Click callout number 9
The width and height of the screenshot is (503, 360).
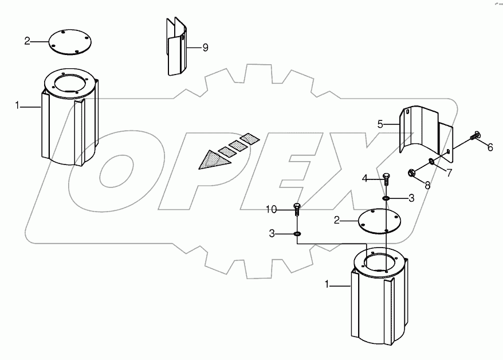(205, 48)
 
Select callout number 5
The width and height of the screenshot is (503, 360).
(380, 124)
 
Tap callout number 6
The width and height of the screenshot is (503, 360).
(490, 147)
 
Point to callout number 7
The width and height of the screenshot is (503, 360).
(449, 173)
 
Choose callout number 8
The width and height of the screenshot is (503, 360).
(427, 186)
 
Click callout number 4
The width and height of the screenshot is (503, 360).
(365, 178)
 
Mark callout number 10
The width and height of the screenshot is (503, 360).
(272, 209)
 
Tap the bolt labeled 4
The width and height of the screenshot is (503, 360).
(387, 179)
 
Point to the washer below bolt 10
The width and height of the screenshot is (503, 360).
(297, 233)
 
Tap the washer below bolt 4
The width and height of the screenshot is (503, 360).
(386, 198)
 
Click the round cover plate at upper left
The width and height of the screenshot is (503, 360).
(70, 42)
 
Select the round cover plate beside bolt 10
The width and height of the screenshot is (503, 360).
(379, 221)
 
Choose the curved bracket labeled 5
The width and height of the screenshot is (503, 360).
(426, 134)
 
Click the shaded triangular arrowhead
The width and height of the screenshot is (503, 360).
(213, 159)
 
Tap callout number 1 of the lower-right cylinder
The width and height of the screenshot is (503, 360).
(327, 284)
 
